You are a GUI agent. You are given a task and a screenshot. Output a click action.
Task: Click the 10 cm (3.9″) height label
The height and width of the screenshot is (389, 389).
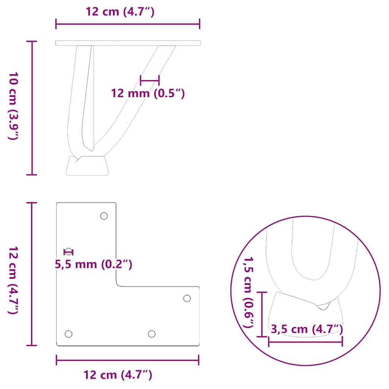click(13, 106)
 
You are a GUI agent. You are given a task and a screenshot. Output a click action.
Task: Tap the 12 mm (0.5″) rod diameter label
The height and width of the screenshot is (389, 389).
click(147, 93)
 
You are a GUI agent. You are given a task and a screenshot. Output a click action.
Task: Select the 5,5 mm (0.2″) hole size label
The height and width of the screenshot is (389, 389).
click(94, 264)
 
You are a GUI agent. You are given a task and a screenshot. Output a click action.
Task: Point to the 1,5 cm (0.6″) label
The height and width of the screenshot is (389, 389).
click(249, 292)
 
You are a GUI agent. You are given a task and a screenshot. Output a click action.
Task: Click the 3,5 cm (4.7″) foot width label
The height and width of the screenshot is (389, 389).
click(307, 329)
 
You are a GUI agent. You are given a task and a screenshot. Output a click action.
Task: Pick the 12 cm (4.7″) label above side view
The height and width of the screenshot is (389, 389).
click(120, 12)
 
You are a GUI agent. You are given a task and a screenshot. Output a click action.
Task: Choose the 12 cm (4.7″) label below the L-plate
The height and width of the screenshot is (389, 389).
click(118, 375)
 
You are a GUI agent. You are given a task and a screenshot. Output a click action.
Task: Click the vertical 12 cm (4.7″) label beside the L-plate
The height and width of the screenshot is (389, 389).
click(13, 280)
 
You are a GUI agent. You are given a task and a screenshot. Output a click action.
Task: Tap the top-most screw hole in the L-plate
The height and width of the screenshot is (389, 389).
click(104, 216)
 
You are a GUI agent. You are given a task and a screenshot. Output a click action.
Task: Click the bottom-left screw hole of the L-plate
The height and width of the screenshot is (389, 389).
click(68, 334)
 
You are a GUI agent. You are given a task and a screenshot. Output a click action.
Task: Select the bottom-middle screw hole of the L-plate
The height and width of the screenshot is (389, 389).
click(152, 334)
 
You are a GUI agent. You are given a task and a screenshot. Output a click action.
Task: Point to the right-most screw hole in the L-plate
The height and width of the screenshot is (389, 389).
click(187, 298)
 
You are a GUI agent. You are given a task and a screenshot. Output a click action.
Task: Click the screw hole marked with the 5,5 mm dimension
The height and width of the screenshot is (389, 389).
click(68, 251)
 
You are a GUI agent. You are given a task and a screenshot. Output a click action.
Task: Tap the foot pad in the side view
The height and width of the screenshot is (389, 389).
click(87, 166)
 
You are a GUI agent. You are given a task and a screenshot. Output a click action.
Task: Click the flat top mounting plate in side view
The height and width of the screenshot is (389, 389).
click(128, 43)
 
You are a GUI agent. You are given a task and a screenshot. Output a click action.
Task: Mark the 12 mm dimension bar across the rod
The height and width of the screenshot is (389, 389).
click(150, 80)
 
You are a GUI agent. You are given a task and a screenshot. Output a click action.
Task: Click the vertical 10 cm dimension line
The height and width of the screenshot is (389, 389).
click(32, 108)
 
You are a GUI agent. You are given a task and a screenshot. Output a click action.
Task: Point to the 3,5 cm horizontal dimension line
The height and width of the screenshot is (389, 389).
click(305, 342)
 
